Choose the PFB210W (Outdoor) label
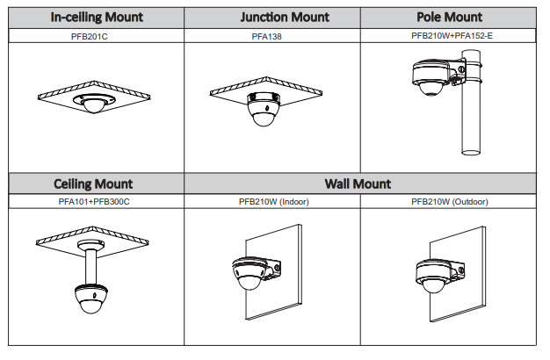449,201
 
